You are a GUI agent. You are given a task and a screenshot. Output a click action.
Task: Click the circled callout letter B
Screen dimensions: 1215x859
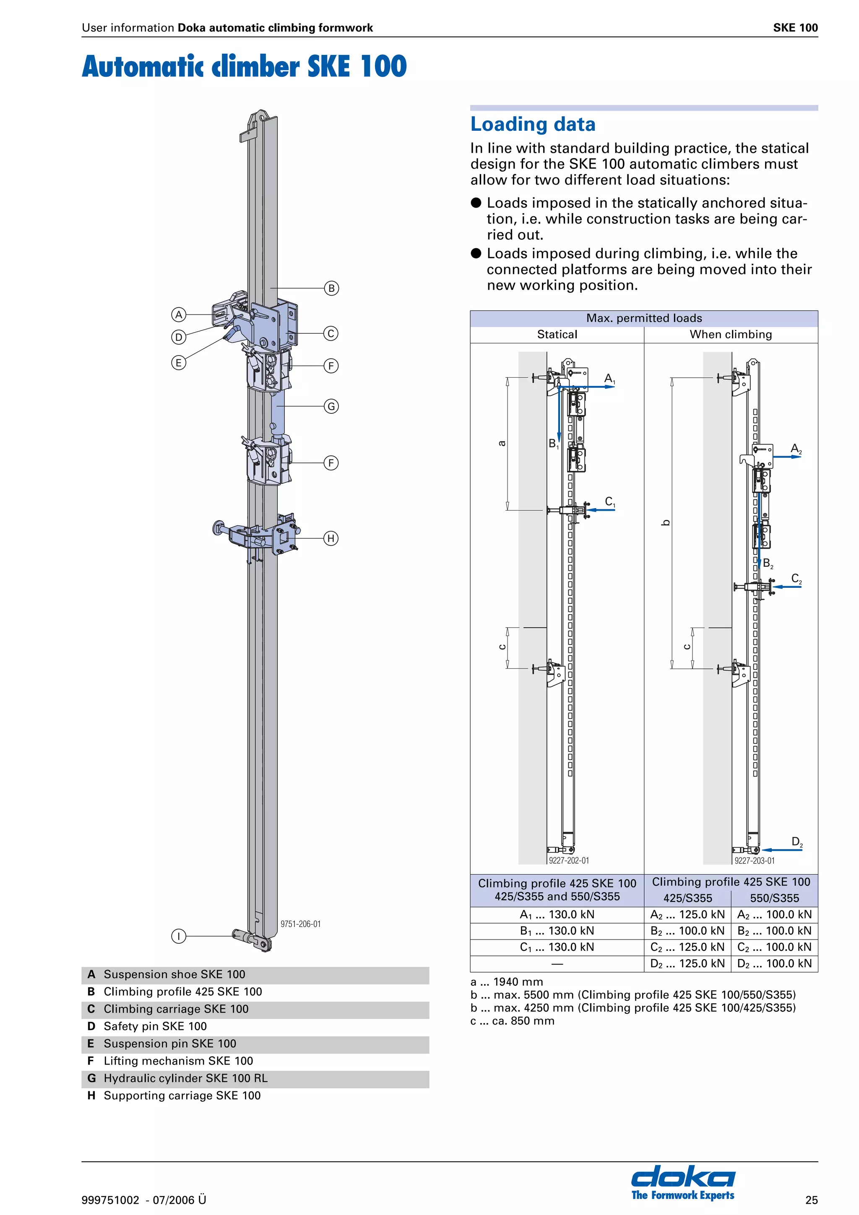[x=331, y=288]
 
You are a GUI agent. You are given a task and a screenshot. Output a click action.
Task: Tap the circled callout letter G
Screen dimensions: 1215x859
[x=331, y=406]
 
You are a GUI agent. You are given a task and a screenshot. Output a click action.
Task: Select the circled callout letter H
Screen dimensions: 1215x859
[x=331, y=539]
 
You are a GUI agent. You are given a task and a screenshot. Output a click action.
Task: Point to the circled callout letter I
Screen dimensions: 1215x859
[x=179, y=936]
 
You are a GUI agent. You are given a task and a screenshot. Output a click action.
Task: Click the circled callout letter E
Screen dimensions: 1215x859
[x=179, y=363]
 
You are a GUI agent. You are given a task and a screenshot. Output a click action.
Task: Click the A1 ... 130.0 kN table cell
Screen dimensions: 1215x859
[x=557, y=914]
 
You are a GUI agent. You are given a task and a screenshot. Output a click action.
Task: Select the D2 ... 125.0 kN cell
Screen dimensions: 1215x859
[x=687, y=963]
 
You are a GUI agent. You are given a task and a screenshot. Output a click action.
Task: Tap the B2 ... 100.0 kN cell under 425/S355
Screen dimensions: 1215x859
[x=687, y=931]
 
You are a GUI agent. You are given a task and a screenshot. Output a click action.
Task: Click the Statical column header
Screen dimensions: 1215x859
[x=557, y=335]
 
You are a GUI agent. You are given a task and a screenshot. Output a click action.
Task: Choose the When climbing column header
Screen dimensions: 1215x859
[x=730, y=335]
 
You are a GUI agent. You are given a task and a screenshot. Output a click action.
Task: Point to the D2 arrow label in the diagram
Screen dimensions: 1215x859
[x=797, y=841]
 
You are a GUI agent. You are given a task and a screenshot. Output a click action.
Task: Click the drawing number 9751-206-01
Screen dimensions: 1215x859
[x=300, y=924]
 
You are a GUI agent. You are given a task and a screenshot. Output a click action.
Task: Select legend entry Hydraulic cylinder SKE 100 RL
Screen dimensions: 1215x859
[x=185, y=1078]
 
